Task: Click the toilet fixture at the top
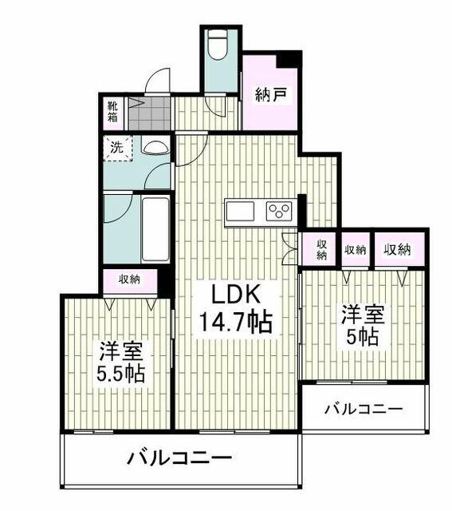point(218,46)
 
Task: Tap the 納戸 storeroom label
point(271,95)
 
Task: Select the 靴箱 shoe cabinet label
point(112,112)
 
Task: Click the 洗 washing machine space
point(118,148)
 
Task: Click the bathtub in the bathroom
point(155,229)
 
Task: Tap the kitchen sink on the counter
point(240,212)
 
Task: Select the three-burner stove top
point(279,210)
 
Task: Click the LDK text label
point(236,294)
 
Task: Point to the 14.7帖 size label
point(235,322)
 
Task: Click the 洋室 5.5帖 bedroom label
point(120,362)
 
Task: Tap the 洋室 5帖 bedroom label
point(363,326)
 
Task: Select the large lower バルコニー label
point(179,458)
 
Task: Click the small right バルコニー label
point(364,409)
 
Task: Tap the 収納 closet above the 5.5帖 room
point(129,279)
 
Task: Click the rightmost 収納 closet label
point(397,250)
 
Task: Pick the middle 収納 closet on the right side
point(356,250)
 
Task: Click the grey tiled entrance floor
point(149,113)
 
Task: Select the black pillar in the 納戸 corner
point(288,60)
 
